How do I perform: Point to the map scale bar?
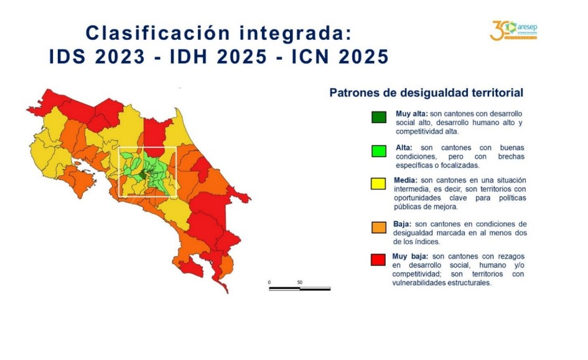click(299, 288)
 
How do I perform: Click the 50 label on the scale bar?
click(300, 282)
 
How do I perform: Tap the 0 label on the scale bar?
click(269, 282)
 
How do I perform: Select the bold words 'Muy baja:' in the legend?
click(410, 256)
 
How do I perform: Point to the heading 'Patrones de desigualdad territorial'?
click(426, 93)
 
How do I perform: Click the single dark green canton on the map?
click(143, 175)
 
